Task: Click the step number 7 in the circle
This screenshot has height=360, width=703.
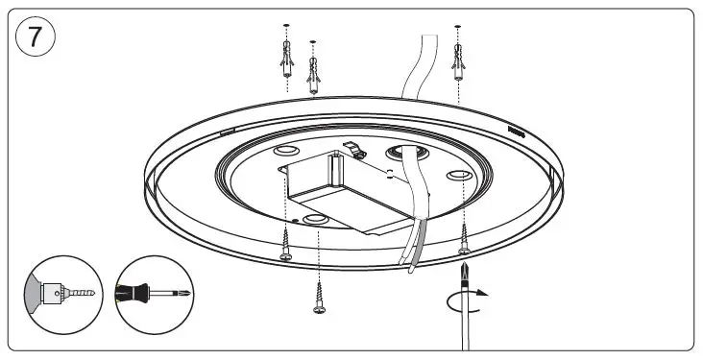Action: tap(36, 37)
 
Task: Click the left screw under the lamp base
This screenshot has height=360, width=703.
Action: tap(286, 244)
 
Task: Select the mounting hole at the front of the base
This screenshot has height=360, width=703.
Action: tap(314, 221)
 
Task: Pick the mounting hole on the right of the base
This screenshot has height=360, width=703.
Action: tap(458, 176)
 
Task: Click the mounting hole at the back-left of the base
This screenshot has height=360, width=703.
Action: tap(285, 154)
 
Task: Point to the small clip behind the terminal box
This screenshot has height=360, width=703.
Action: tap(356, 151)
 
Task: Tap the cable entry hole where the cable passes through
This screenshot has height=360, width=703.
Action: tap(398, 154)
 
